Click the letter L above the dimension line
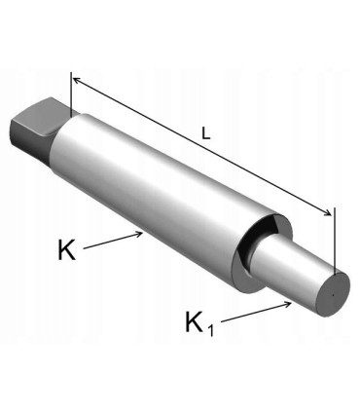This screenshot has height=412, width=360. (205, 136)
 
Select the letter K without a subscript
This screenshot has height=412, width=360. (66, 249)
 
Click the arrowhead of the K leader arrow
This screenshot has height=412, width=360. (145, 233)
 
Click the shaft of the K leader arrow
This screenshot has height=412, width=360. (112, 242)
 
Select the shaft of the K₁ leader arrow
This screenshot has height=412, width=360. (258, 312)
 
